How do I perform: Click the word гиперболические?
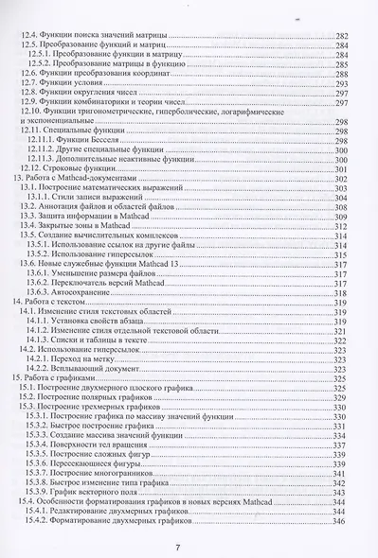tap(201, 111)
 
